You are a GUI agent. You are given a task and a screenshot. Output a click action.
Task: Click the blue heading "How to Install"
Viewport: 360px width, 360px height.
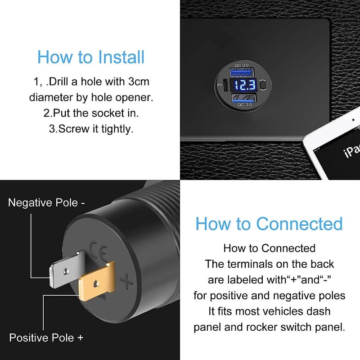[x=91, y=58]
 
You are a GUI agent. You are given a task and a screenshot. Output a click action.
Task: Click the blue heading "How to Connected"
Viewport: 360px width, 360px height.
[x=269, y=224]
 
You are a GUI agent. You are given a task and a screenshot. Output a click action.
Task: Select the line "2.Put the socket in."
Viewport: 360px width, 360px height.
[x=90, y=112]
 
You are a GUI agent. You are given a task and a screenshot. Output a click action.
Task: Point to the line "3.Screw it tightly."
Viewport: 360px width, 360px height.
[x=91, y=128]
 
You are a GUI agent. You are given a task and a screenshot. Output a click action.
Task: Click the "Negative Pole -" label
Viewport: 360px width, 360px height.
[x=46, y=202]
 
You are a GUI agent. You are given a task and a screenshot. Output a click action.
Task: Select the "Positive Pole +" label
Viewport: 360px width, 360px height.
[x=46, y=337]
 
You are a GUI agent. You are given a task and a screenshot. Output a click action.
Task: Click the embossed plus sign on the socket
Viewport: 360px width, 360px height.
[x=127, y=283]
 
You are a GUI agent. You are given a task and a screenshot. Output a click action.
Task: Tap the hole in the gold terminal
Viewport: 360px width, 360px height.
[x=95, y=284]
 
